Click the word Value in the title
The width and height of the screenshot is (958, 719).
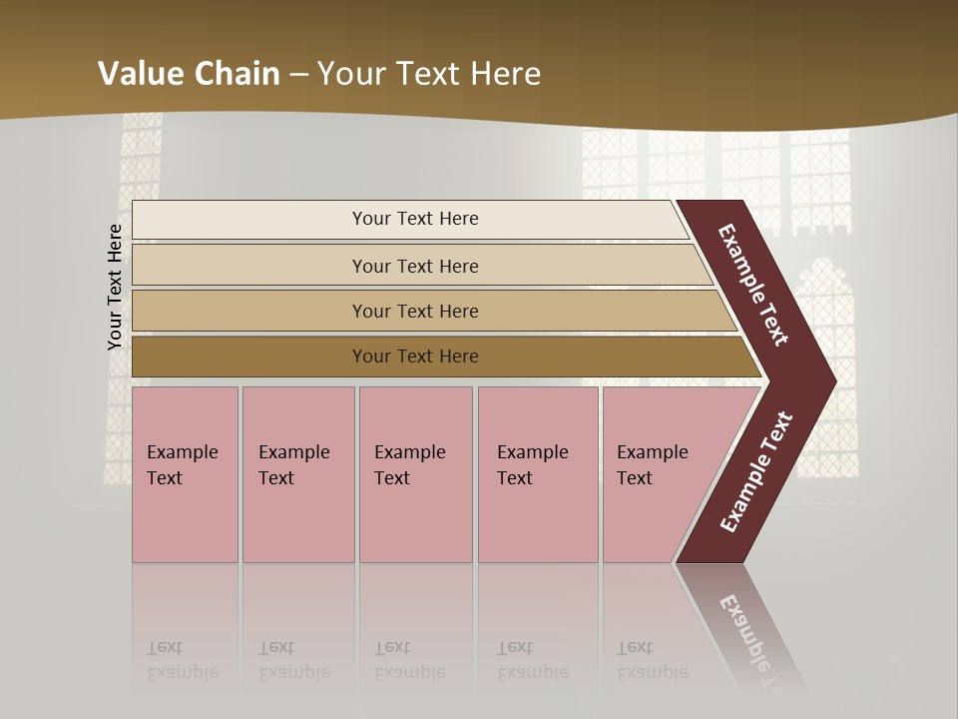(x=139, y=74)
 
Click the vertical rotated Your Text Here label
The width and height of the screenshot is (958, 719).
(x=115, y=288)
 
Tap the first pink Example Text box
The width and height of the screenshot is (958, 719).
(x=185, y=474)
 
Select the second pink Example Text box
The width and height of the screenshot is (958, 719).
(x=297, y=474)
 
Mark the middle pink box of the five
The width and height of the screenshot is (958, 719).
(x=415, y=474)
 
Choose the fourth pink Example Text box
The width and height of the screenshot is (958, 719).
(x=537, y=474)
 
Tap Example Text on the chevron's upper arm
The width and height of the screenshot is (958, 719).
(x=753, y=285)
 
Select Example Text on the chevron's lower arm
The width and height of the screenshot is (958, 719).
(x=755, y=472)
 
